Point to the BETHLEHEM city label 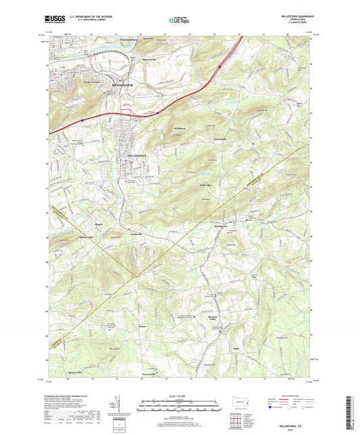tap(100, 87)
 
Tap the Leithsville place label tap(139, 234)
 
